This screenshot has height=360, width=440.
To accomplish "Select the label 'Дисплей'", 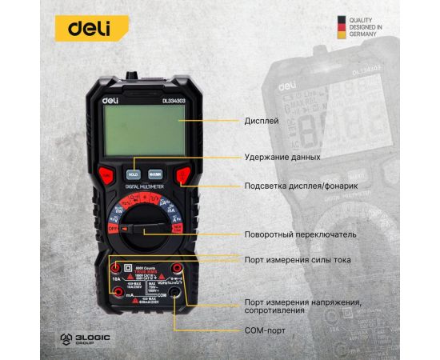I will [x=261, y=122].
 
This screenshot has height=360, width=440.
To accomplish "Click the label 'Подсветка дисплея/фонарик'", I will [x=301, y=186].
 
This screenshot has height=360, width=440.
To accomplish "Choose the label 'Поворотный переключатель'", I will [x=300, y=234].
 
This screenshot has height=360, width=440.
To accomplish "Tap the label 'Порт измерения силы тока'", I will [x=298, y=259].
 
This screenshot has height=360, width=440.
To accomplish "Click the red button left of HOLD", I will [x=106, y=174].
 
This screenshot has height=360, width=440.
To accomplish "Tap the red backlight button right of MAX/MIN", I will [x=182, y=174].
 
